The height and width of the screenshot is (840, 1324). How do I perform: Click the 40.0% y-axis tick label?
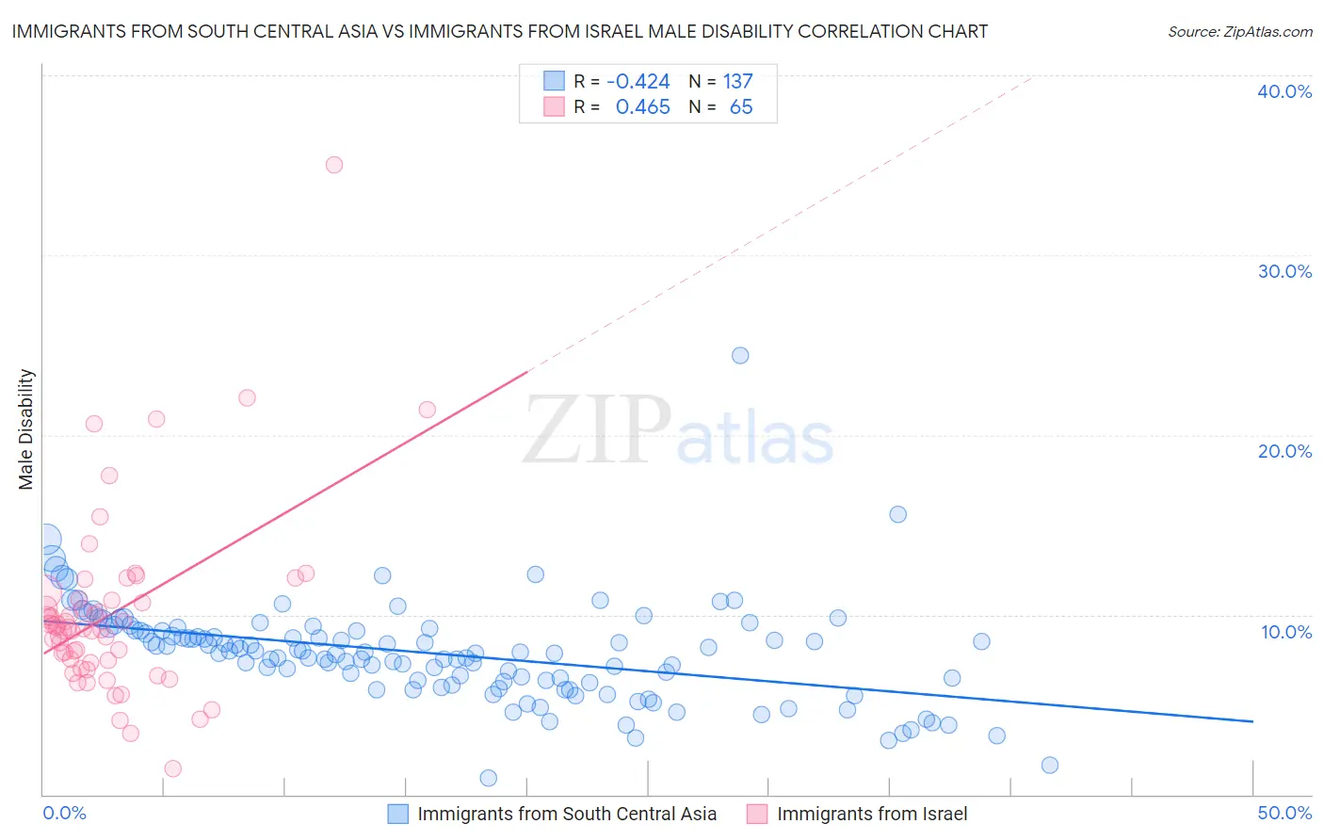(x=1284, y=91)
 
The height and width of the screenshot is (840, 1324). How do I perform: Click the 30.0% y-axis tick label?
(x=1284, y=271)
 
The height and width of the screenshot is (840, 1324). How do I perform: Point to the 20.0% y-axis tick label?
(x=1284, y=451)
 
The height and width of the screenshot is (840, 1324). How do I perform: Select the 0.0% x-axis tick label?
(x=64, y=813)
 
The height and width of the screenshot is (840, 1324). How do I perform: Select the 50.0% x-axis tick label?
(x=1284, y=813)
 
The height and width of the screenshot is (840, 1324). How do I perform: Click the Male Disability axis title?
(x=26, y=429)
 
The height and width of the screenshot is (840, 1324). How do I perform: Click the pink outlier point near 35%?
(x=334, y=165)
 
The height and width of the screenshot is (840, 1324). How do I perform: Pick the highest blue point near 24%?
(x=740, y=355)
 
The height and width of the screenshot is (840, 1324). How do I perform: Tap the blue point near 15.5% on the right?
(x=898, y=514)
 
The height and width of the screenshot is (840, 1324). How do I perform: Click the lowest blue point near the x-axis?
(x=488, y=778)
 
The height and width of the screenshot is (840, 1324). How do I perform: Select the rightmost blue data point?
(x=1050, y=765)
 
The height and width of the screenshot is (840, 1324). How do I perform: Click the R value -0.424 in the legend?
(x=638, y=82)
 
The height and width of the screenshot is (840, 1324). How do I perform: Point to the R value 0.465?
(x=642, y=107)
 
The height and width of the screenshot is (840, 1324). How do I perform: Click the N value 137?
(x=737, y=82)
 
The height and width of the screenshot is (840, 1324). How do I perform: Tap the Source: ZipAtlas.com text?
(x=1239, y=32)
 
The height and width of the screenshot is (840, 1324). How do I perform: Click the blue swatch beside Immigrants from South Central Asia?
(x=398, y=814)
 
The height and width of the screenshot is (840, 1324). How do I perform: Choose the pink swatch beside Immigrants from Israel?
(x=757, y=814)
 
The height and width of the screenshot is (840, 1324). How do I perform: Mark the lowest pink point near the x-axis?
(x=172, y=768)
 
